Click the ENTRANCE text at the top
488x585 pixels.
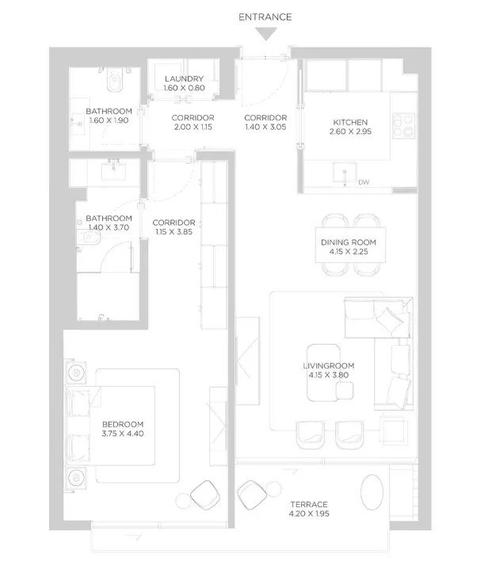coord(265,17)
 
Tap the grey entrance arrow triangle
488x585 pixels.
coord(266,33)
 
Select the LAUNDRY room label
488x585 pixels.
coord(184,78)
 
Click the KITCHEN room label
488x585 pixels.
coord(350,122)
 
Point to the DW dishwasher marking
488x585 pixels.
coord(364,182)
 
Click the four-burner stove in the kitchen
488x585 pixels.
coord(404,125)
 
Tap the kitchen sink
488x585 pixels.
coord(345,173)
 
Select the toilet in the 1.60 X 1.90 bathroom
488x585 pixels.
coord(114,82)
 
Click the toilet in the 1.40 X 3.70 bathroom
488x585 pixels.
coord(89,237)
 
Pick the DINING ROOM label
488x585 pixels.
coord(349,243)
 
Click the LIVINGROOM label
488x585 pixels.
coord(329,366)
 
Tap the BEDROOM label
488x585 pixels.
coord(123,424)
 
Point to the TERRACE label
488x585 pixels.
coord(309,504)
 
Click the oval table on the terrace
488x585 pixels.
coord(372,491)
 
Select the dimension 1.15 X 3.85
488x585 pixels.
coord(174,231)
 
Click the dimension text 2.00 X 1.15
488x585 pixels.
coord(193,127)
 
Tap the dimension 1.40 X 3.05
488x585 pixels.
coord(266,127)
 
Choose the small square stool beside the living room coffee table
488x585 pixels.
coord(344,392)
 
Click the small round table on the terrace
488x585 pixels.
coord(274,489)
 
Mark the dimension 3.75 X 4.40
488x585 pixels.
coord(123,434)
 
